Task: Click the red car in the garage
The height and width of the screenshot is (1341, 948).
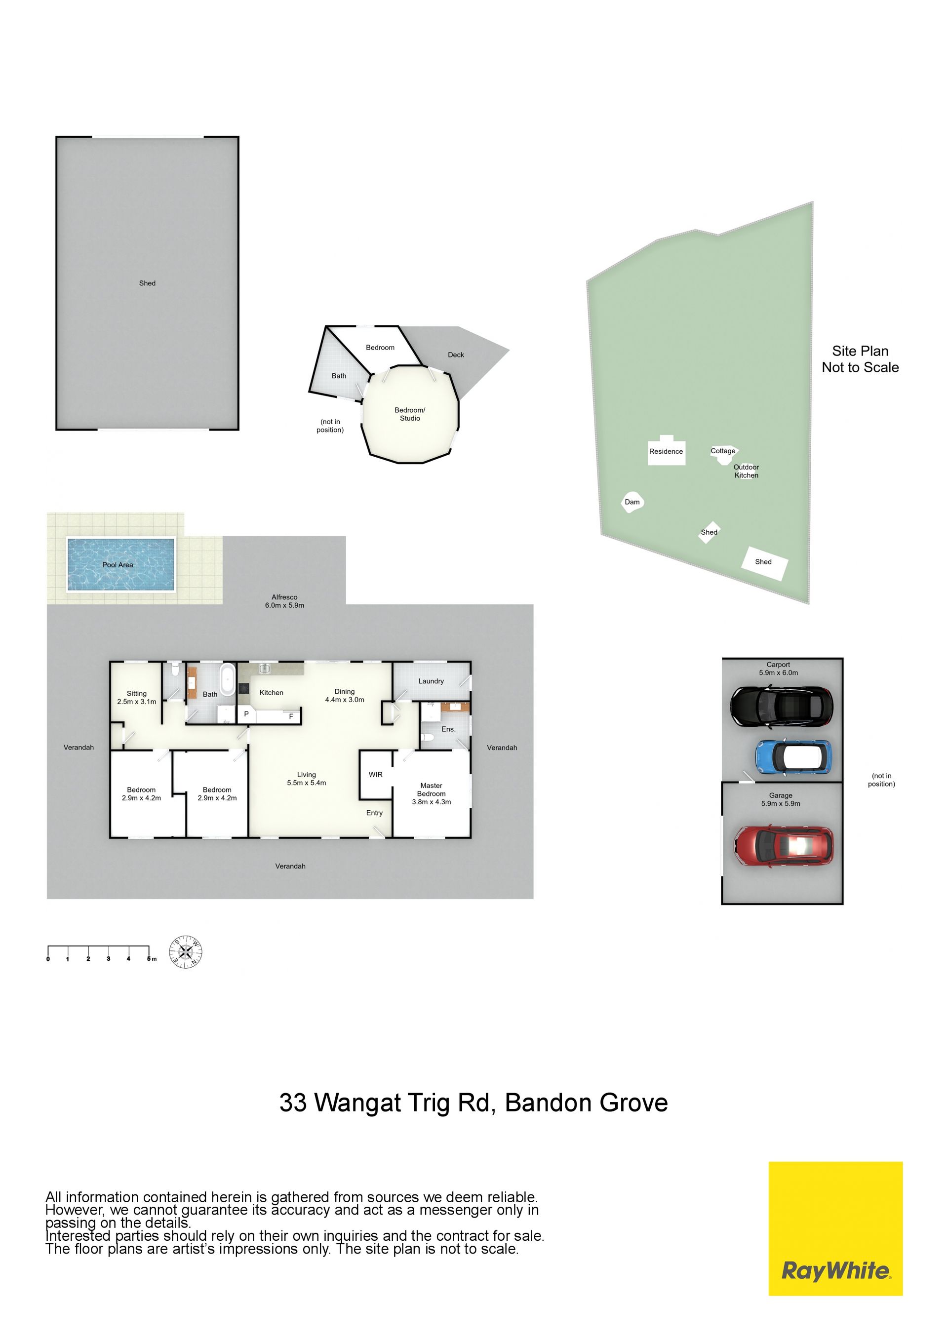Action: pyautogui.click(x=783, y=845)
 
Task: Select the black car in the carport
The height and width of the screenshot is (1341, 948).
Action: pyautogui.click(x=782, y=706)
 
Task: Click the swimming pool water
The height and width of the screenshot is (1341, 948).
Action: pyautogui.click(x=121, y=564)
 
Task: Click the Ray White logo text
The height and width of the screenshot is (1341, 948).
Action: pyautogui.click(x=836, y=1271)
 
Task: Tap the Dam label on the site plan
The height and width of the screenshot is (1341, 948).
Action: pyautogui.click(x=632, y=502)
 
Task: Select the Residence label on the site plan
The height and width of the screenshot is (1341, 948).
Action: pyautogui.click(x=666, y=451)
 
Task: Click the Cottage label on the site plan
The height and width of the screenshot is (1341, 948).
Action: pyautogui.click(x=723, y=451)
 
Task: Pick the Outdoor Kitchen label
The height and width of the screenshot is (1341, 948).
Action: pyautogui.click(x=747, y=472)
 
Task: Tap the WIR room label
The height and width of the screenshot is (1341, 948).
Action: pyautogui.click(x=376, y=775)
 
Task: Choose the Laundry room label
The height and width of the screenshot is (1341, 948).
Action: pyautogui.click(x=431, y=681)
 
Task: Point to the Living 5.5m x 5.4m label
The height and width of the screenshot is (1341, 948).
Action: pyautogui.click(x=307, y=779)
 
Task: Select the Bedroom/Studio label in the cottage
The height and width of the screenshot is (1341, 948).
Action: pyautogui.click(x=410, y=414)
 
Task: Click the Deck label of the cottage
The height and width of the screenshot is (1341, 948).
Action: pyautogui.click(x=456, y=355)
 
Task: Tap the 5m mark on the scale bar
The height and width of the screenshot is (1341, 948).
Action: pyautogui.click(x=150, y=958)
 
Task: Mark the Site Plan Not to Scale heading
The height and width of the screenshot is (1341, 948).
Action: pyautogui.click(x=861, y=359)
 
